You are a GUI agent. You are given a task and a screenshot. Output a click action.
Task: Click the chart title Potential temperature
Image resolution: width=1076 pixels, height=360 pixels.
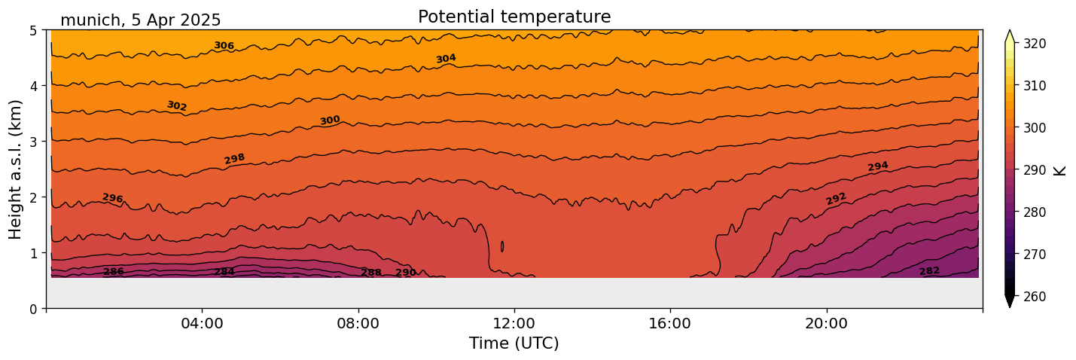pos(514,17)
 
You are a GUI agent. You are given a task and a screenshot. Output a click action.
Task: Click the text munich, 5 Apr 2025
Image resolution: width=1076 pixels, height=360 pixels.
pos(141,20)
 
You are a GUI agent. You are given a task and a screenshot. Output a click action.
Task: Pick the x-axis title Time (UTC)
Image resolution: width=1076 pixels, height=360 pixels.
pos(514,344)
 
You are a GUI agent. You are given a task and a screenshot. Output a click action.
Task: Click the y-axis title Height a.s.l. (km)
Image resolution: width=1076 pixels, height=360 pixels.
pos(16,169)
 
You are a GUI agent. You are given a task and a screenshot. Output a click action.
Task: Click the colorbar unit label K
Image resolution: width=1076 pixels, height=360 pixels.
pos(1060,170)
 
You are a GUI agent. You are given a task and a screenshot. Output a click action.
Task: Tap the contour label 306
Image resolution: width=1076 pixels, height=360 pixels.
pos(224,46)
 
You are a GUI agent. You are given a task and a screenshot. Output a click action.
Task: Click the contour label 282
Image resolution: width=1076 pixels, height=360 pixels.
pos(929,271)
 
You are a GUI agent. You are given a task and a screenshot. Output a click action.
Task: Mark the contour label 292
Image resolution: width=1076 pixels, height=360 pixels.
pos(836,199)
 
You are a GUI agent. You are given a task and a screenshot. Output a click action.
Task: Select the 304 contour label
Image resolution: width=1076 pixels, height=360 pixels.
pos(446,59)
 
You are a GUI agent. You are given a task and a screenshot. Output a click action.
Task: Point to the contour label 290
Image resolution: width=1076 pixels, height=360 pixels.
pos(406,273)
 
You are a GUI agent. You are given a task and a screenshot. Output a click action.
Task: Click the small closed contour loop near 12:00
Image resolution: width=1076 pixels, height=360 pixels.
pos(502,246)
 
